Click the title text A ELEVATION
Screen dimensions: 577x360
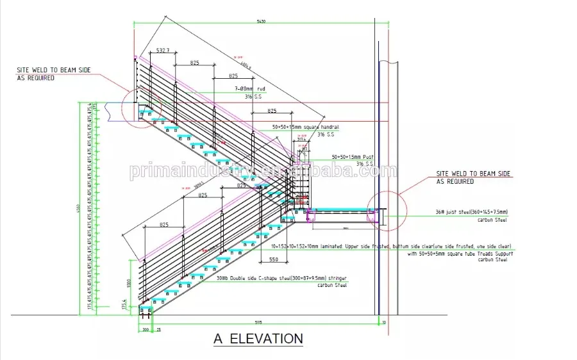[258, 338]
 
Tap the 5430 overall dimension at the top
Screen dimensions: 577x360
[261, 22]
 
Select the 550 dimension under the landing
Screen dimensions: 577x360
[273, 259]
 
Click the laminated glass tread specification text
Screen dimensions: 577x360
[390, 246]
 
